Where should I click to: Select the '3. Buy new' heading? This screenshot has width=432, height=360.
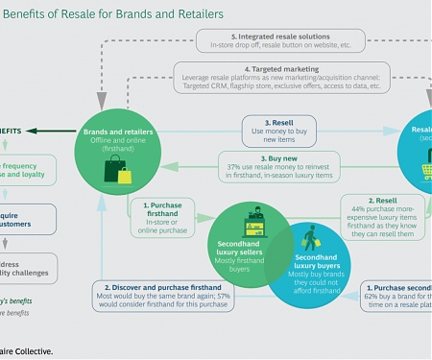(278, 156)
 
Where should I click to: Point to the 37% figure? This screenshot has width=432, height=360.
(230, 166)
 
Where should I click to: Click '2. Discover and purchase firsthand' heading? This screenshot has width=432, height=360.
(160, 287)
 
